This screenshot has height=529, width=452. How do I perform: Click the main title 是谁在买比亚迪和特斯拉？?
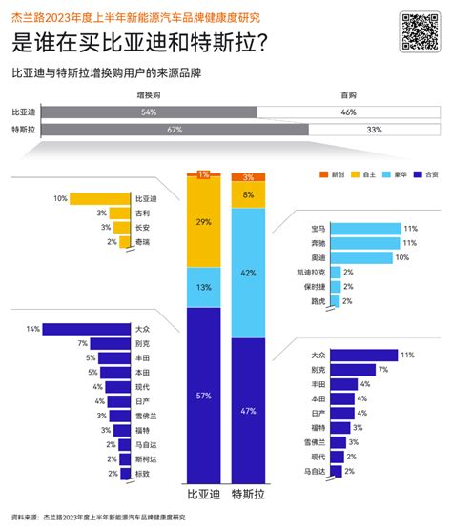click(x=139, y=44)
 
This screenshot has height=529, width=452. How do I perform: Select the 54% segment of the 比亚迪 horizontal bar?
click(x=148, y=112)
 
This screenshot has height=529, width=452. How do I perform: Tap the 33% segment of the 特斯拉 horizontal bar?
click(x=374, y=129)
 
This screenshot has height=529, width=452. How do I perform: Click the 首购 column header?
click(x=348, y=96)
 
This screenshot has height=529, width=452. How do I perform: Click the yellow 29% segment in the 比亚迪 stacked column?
click(x=202, y=222)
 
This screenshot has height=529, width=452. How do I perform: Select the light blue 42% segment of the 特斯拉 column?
click(x=249, y=273)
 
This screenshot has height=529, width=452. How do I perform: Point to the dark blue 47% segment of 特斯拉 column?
click(x=249, y=412)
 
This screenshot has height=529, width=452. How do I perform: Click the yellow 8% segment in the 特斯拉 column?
click(x=249, y=194)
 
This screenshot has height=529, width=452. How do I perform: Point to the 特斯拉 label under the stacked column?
click(x=249, y=497)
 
